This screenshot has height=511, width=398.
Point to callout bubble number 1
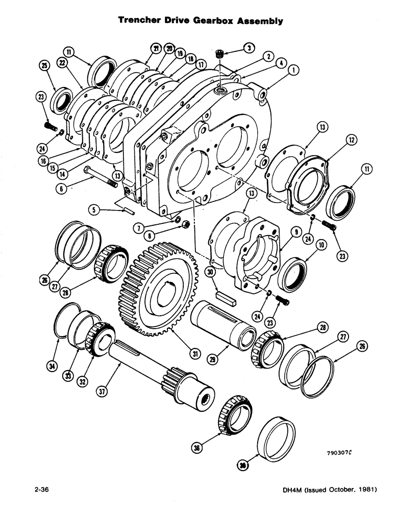tap(294, 69)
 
